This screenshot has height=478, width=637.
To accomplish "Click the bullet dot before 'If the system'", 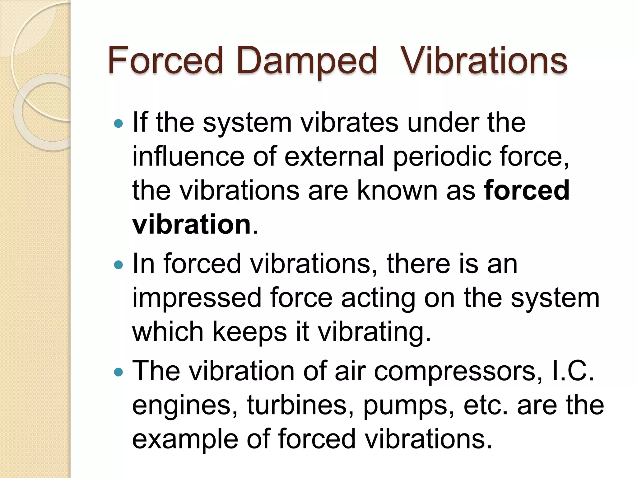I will coord(119,124).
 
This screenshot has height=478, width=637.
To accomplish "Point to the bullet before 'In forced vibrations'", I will coord(119,265).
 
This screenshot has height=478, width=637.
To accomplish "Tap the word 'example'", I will coord(185,439).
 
